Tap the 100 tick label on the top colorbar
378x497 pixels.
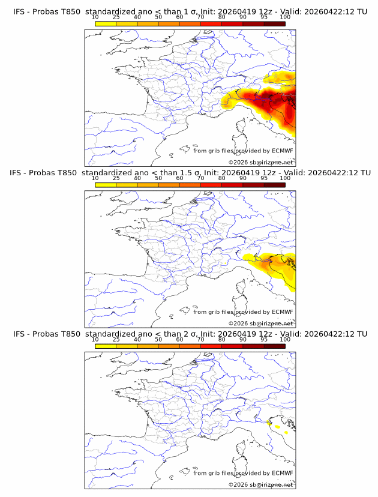[x=285, y=17]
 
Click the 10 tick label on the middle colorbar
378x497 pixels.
[x=95, y=178]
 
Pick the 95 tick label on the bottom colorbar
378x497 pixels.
[x=264, y=339]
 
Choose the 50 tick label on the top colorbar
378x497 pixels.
[x=158, y=17]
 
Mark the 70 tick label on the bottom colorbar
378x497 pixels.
[x=200, y=339]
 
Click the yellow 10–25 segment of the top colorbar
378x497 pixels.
[x=106, y=24]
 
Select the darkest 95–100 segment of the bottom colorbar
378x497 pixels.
[x=275, y=346]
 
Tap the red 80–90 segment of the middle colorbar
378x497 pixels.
[x=232, y=185]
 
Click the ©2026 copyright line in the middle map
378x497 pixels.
[x=261, y=323]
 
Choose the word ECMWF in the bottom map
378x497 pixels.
[x=282, y=473]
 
